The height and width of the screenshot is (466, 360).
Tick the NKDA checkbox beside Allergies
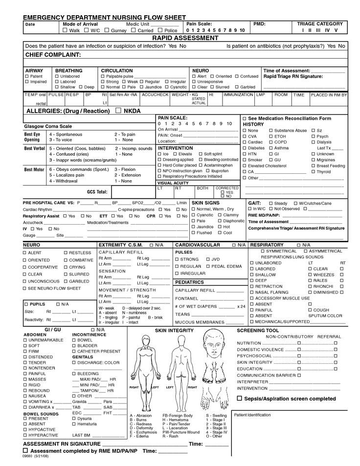pos(118,111)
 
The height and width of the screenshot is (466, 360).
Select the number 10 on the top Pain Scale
pos(242,30)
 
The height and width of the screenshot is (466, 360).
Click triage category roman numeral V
pos(336,30)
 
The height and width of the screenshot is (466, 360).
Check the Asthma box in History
pos(270,148)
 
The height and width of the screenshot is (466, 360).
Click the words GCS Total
pos(97,192)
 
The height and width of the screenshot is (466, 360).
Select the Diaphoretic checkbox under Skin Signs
pos(220,221)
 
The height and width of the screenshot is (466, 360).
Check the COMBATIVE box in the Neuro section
pos(66,260)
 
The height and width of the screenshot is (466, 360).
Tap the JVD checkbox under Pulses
pos(208,259)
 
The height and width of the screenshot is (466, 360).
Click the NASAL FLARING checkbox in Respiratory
pos(252,292)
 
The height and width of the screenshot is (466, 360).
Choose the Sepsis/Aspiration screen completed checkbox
pos(240,398)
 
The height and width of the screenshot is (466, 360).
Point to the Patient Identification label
pos(252,415)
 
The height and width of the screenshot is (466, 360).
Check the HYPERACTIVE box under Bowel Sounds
pos(25,435)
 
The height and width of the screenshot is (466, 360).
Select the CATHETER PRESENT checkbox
pos(74,351)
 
